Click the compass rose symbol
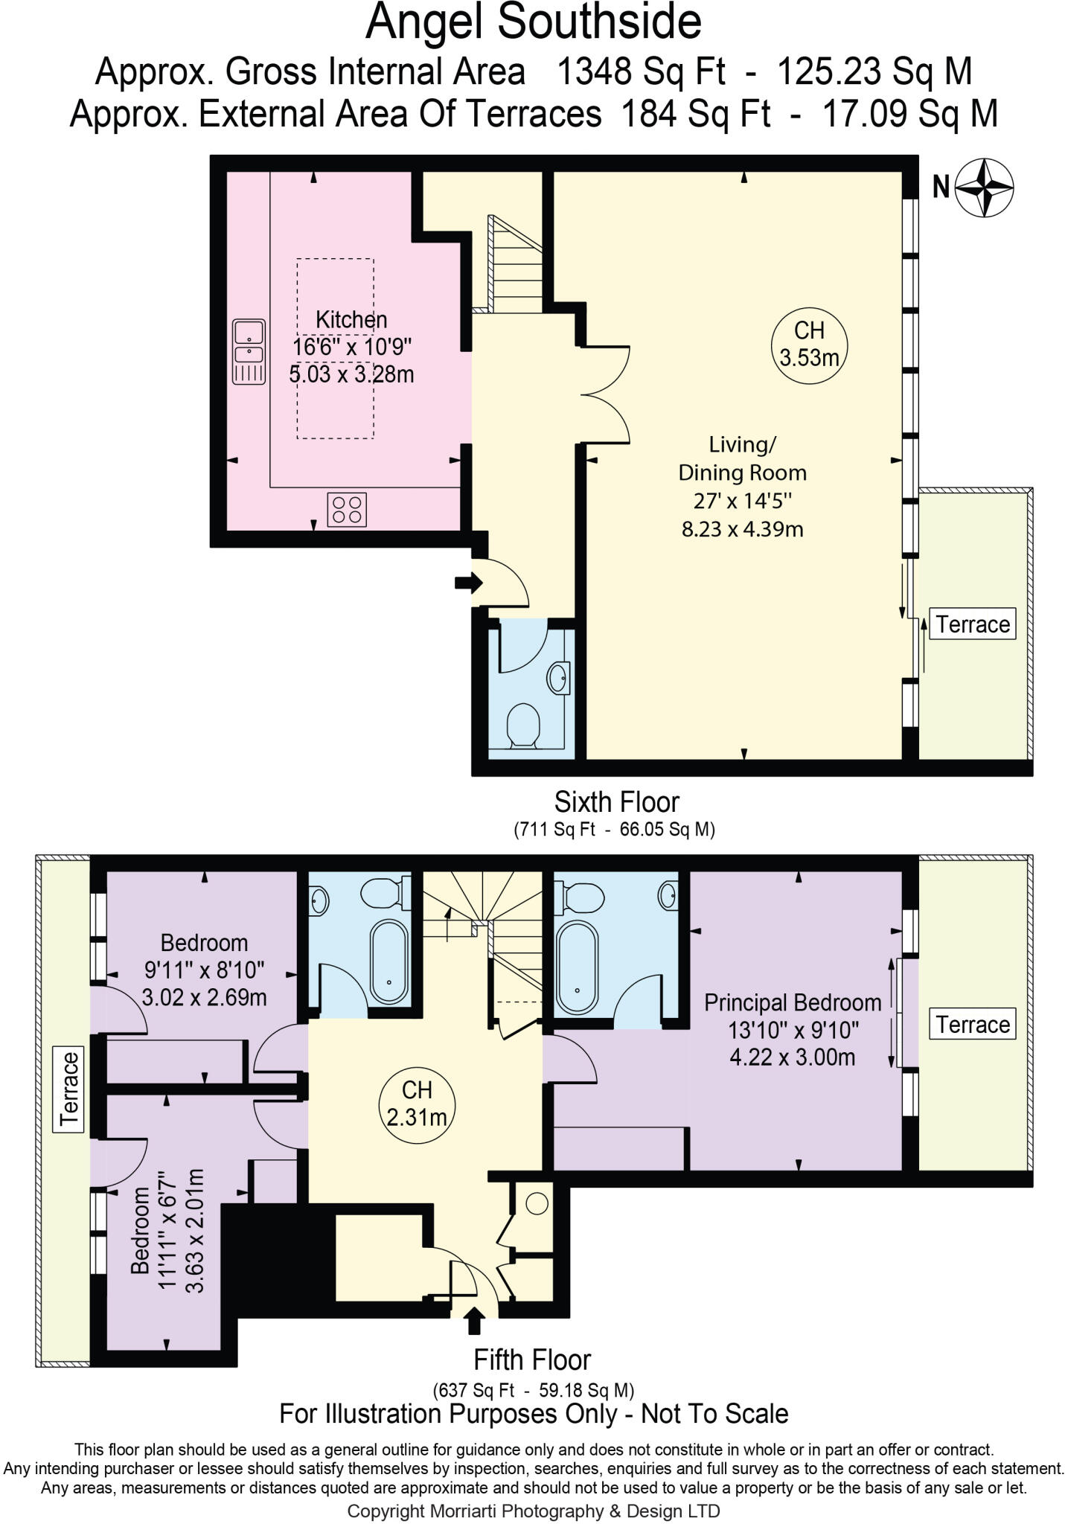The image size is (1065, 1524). tap(984, 188)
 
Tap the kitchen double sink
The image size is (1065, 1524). tap(249, 351)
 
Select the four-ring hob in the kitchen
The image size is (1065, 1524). tap(347, 510)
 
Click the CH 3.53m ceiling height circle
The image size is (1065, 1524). tap(809, 345)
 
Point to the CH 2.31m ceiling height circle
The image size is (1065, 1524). tap(417, 1103)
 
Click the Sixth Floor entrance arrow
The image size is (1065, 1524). tap(467, 583)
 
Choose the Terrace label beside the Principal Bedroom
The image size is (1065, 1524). tap(973, 1025)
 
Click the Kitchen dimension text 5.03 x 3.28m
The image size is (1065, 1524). tap(351, 374)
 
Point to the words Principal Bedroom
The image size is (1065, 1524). tap(793, 1002)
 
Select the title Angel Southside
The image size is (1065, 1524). tap(533, 22)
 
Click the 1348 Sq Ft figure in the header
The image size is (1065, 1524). tap(641, 72)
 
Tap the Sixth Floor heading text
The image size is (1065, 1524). tap(616, 802)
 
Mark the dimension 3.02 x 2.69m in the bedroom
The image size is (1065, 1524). tap(204, 996)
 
